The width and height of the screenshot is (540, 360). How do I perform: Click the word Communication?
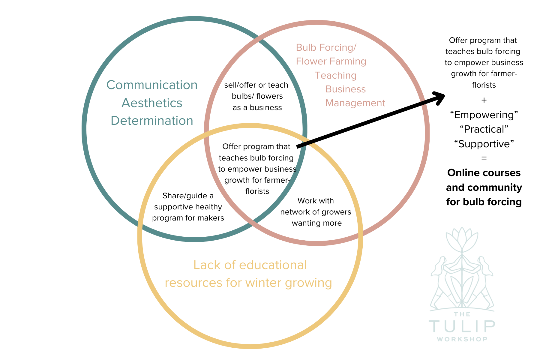point(152,85)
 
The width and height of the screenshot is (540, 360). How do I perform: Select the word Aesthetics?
point(152,103)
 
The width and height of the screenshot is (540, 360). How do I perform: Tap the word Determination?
point(152,121)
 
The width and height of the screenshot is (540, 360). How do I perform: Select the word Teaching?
point(335,75)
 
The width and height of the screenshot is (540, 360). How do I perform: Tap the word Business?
point(346,89)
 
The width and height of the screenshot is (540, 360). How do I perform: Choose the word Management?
point(355,103)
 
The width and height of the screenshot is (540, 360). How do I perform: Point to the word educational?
point(273,265)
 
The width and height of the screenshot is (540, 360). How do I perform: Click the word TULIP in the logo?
point(462,326)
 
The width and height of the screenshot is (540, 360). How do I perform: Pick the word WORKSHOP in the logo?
point(462,339)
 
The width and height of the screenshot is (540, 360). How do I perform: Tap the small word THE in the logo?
point(462,314)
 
